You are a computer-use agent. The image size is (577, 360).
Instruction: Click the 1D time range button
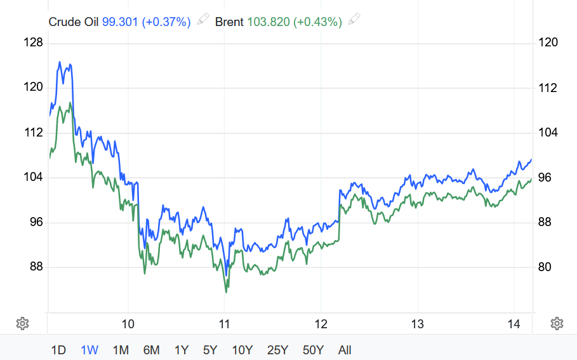point(58,350)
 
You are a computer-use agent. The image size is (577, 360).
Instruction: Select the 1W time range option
point(90,350)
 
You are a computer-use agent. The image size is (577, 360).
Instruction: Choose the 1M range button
point(121,350)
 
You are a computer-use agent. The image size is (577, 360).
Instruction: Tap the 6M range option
point(151,350)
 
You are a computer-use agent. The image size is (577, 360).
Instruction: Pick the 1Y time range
point(182,350)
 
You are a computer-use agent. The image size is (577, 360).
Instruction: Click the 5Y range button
point(211,350)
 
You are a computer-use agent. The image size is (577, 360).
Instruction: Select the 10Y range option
point(242,350)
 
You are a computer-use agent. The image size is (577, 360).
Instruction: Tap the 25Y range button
point(278,350)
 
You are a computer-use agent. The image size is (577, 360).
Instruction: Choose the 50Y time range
point(314,350)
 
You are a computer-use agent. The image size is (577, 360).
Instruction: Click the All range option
point(345,350)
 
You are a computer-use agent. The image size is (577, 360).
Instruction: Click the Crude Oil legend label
point(74,22)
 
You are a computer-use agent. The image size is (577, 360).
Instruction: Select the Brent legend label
point(229,22)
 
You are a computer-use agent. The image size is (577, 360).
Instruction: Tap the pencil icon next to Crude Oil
point(203,20)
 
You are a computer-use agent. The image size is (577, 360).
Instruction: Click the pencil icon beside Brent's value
point(355,20)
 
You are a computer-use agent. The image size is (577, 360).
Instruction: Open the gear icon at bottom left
point(22,324)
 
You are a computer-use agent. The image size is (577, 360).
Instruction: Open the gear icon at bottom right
point(557,324)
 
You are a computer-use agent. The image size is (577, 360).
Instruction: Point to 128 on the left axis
point(32,43)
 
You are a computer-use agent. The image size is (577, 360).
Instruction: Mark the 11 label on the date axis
point(224,324)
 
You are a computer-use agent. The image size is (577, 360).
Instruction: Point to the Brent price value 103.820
point(267,22)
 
